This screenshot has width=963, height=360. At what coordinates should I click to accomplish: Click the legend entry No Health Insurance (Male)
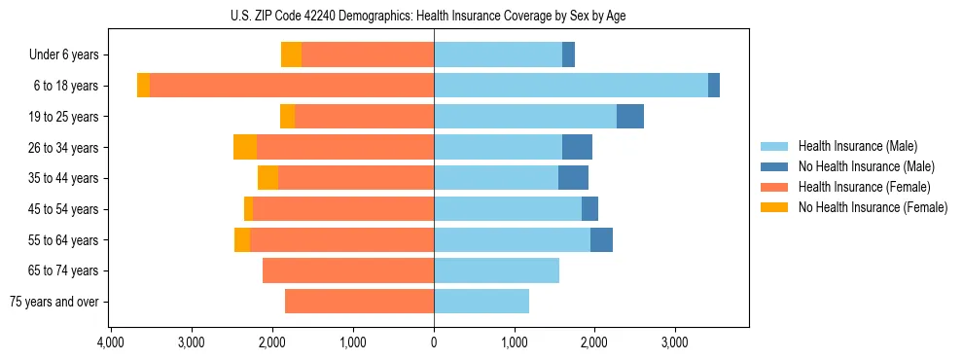[859, 166]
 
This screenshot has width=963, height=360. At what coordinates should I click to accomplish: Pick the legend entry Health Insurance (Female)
[858, 187]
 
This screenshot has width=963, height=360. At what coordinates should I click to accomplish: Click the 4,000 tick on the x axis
[111, 343]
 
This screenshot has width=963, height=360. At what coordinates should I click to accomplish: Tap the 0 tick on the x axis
[434, 343]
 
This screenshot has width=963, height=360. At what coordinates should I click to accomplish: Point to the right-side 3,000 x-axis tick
[675, 343]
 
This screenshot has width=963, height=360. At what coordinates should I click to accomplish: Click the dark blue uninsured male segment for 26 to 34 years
[577, 147]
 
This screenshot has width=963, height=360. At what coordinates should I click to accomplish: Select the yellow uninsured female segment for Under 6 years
[291, 54]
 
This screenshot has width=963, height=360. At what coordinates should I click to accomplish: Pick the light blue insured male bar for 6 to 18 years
[570, 86]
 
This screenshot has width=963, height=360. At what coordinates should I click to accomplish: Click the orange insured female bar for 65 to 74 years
[348, 270]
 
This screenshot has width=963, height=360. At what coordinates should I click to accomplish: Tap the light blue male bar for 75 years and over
[481, 302]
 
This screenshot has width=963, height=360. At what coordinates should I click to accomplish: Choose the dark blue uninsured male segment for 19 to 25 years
[630, 117]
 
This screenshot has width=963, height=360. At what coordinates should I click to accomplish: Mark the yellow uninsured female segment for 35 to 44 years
[267, 178]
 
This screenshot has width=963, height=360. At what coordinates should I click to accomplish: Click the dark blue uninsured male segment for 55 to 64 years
[601, 239]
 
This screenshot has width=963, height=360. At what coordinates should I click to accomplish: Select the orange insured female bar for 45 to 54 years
[343, 209]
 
